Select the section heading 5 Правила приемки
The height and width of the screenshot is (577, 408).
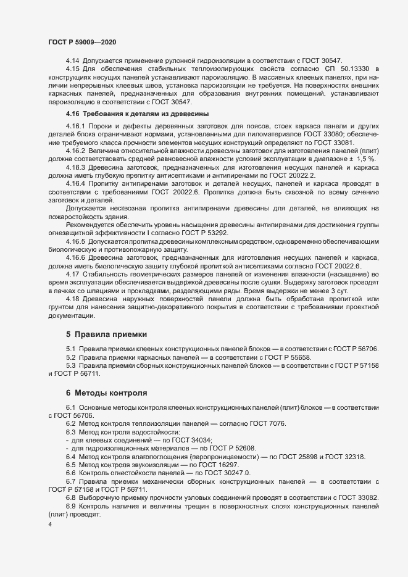point(106,334)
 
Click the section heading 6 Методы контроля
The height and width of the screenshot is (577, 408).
point(106,392)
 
